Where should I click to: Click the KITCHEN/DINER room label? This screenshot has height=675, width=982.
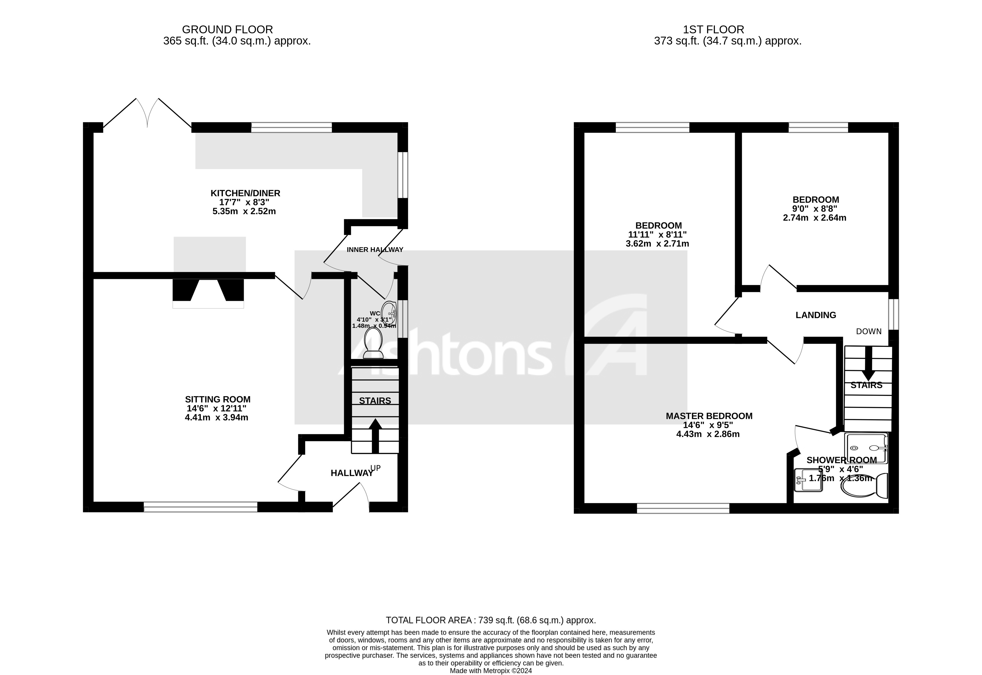click(x=245, y=193)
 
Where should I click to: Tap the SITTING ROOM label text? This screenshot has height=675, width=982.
click(x=218, y=399)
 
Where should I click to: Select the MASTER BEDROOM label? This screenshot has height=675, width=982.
click(x=709, y=416)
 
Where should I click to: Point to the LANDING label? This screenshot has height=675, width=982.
click(x=816, y=315)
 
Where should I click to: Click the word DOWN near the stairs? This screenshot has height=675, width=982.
click(x=869, y=331)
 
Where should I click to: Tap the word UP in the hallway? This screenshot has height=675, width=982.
click(x=375, y=468)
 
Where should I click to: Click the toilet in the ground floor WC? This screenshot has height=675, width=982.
click(x=373, y=344)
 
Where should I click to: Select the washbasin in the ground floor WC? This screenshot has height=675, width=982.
click(x=389, y=313)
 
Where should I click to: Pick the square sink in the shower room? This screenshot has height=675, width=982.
click(x=809, y=480)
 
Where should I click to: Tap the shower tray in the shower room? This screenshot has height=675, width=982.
click(x=866, y=448)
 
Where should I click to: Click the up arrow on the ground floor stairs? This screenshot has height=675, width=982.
click(x=375, y=436)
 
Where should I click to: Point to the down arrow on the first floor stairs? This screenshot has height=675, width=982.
click(x=869, y=364)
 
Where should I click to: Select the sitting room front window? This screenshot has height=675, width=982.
click(x=200, y=507)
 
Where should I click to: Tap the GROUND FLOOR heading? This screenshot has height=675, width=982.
click(x=228, y=30)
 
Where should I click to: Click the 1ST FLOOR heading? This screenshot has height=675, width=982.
click(x=713, y=30)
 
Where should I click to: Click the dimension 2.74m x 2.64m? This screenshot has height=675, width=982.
click(x=815, y=218)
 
